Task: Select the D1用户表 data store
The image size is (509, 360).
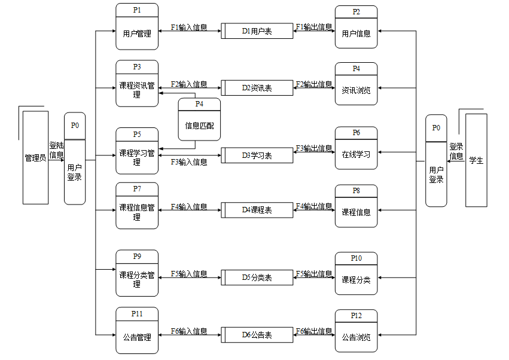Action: point(257,31)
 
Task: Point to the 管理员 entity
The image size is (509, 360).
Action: point(35,158)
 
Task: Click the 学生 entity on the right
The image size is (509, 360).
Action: point(476,160)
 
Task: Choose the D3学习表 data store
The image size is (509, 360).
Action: point(257,155)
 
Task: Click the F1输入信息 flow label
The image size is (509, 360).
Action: point(189,27)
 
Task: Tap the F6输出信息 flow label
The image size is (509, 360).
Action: point(314,331)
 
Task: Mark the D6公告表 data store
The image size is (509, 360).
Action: point(257,335)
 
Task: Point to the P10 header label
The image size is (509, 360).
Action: point(356,258)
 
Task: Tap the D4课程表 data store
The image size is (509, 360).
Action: point(257,210)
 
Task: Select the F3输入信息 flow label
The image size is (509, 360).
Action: point(189,162)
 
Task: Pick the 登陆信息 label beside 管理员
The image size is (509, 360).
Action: point(56,150)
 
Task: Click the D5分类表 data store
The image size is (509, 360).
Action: point(257,277)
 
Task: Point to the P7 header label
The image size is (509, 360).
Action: point(137,189)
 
